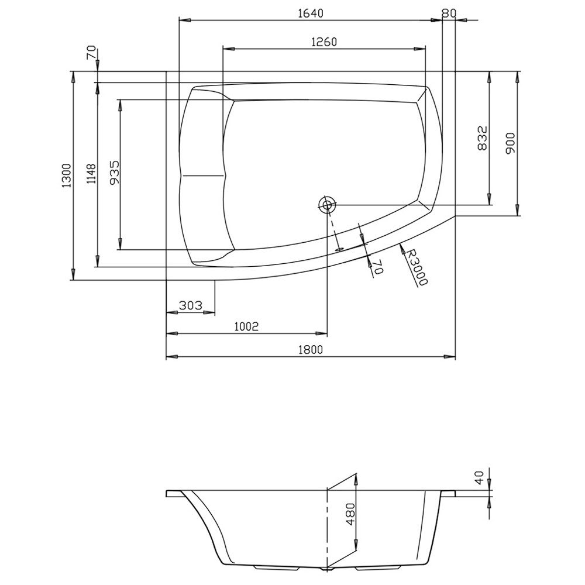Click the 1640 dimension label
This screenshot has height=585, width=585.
(x=311, y=13)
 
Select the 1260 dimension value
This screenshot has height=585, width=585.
(x=324, y=42)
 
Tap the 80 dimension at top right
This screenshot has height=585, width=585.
(x=449, y=13)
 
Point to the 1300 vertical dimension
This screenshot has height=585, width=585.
(x=67, y=175)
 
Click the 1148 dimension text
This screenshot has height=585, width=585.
(x=91, y=174)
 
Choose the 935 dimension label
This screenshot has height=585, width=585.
(x=115, y=173)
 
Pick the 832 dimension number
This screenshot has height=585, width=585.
(x=483, y=138)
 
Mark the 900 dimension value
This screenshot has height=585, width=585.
(x=510, y=143)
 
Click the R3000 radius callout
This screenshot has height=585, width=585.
(x=417, y=267)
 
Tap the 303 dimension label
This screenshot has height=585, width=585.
(x=190, y=305)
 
